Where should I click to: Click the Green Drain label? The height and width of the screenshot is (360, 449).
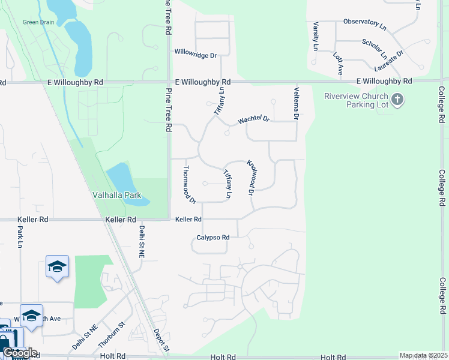pyautogui.click(x=39, y=22)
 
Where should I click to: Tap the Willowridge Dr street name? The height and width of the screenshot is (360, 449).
pyautogui.click(x=195, y=55)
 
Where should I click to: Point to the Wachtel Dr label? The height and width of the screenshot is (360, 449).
pyautogui.click(x=254, y=119)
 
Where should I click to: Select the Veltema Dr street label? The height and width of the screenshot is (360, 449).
pyautogui.click(x=297, y=101)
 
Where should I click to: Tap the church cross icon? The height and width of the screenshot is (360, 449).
pyautogui.click(x=397, y=99)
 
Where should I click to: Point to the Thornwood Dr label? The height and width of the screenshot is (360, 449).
pyautogui.click(x=190, y=184)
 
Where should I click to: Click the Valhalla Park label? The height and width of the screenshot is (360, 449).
pyautogui.click(x=116, y=195)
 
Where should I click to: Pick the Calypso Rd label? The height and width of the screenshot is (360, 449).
pyautogui.click(x=213, y=238)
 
